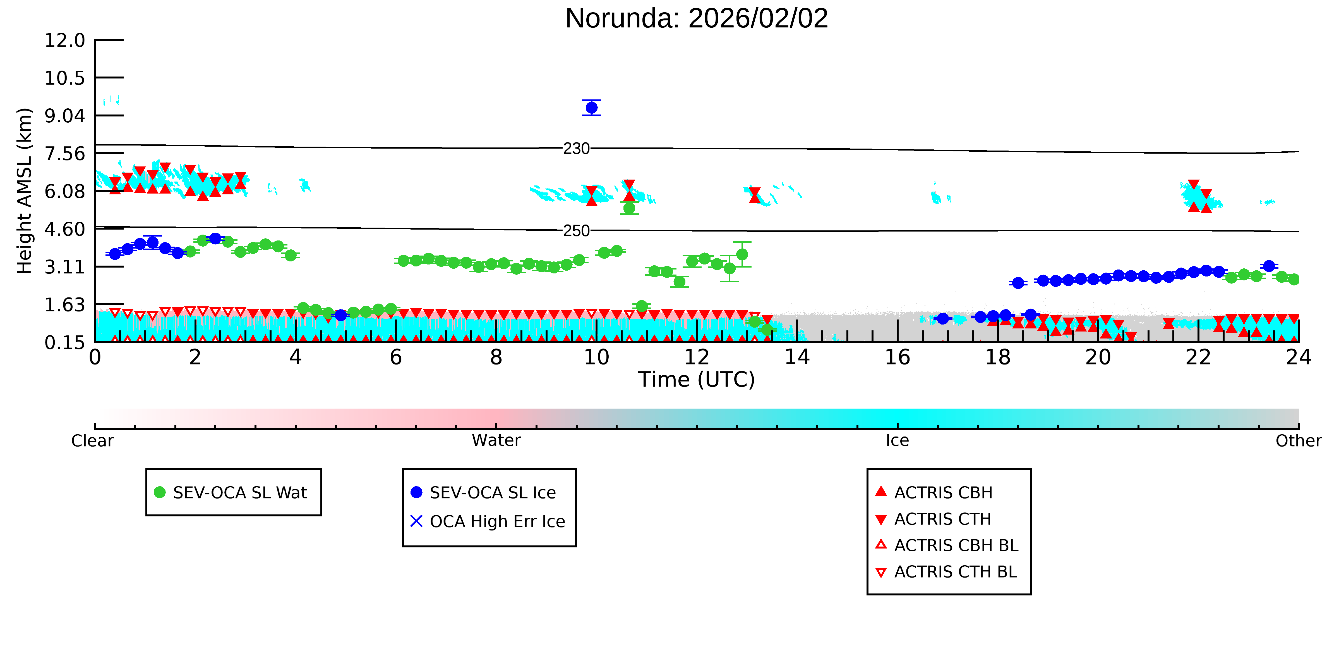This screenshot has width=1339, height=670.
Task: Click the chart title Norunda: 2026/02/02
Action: pyautogui.click(x=697, y=19)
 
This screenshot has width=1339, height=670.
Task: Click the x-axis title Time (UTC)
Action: pyautogui.click(x=697, y=380)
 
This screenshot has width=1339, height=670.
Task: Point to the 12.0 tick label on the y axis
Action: pyautogui.click(x=65, y=40)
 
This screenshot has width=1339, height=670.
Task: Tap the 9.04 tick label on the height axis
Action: pyautogui.click(x=65, y=115)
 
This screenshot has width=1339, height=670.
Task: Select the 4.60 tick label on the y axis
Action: pyautogui.click(x=65, y=229)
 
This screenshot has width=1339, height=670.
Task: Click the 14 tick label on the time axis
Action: pyautogui.click(x=797, y=357)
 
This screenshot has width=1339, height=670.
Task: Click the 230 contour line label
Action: pyautogui.click(x=577, y=149)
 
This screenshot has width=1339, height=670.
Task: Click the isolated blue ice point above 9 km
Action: pyautogui.click(x=592, y=108)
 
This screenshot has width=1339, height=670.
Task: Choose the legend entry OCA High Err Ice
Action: pyautogui.click(x=488, y=521)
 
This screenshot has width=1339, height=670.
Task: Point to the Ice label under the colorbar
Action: pyautogui.click(x=897, y=441)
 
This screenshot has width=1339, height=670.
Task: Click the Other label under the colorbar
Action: pyautogui.click(x=1299, y=441)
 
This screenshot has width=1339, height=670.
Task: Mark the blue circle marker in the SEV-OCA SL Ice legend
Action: pyautogui.click(x=416, y=492)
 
